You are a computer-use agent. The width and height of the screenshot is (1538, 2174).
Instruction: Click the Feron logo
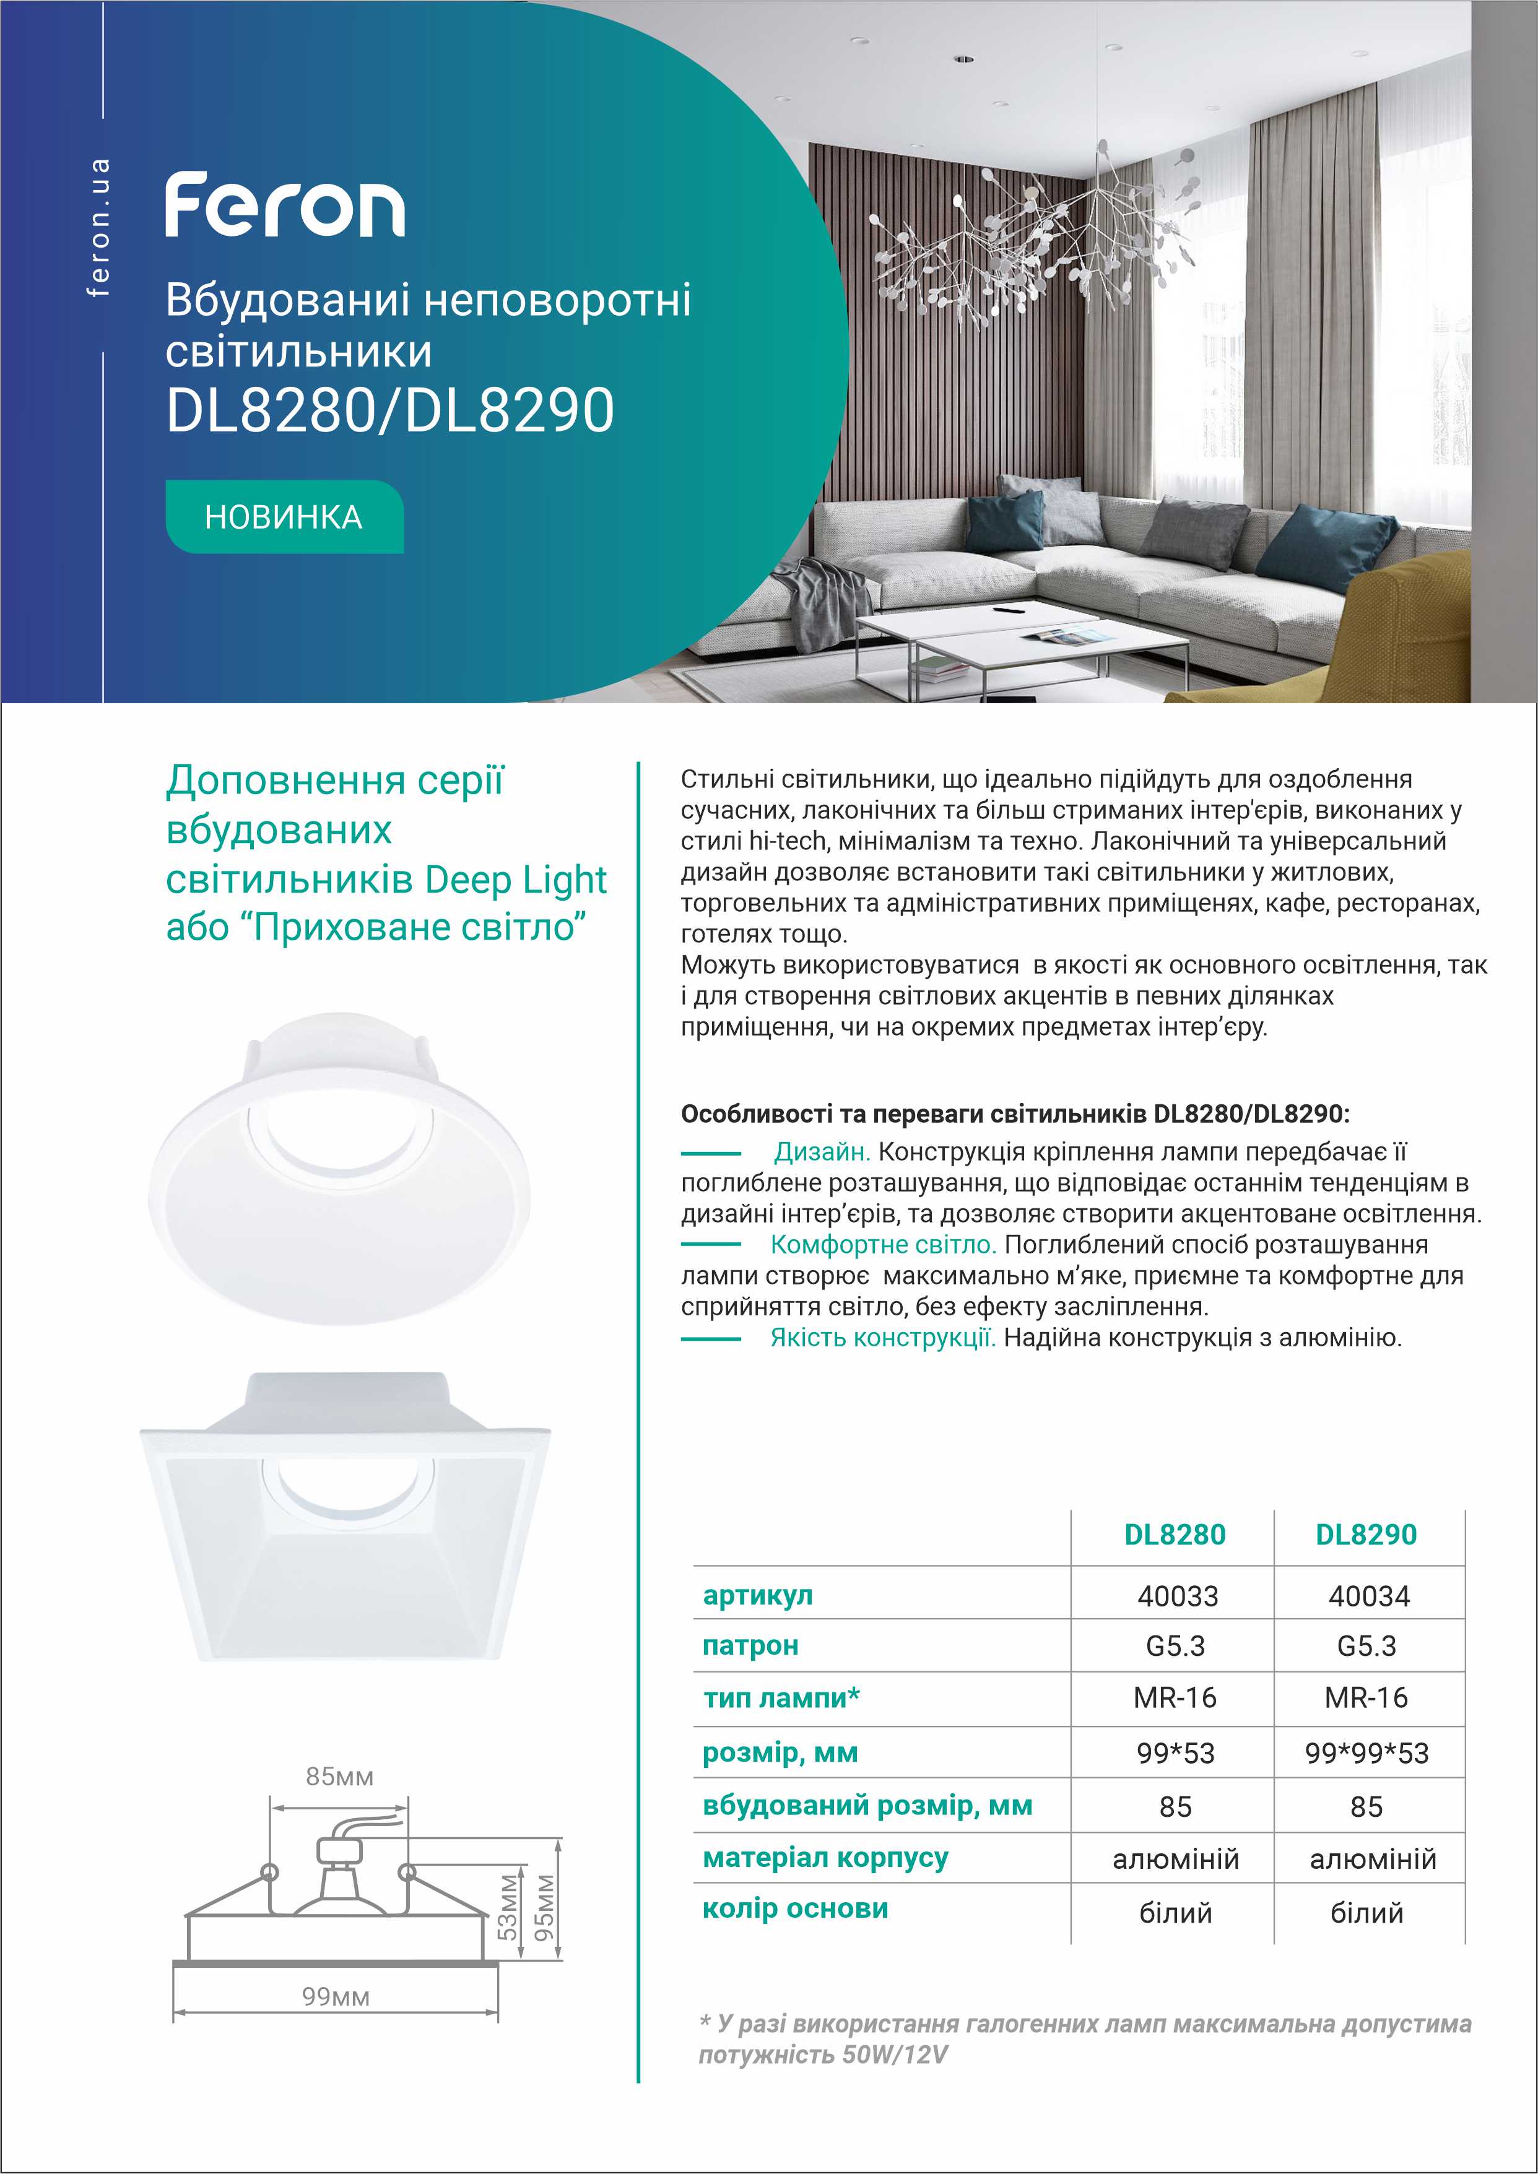tap(285, 204)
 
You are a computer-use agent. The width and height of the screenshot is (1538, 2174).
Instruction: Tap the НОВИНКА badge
tap(284, 517)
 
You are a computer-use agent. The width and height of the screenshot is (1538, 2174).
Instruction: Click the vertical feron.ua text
tap(98, 227)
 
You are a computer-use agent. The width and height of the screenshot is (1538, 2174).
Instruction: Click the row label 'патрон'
tap(750, 1645)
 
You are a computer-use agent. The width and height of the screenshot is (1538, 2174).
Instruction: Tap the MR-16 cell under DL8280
tap(1175, 1698)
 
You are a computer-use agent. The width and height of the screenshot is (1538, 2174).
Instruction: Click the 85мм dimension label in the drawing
tap(339, 1777)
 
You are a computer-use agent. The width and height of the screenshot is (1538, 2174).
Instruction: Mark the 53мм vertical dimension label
tap(508, 1907)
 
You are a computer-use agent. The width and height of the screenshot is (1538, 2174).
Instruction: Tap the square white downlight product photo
tap(345, 1525)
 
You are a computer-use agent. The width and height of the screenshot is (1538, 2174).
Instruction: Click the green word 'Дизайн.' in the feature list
tap(821, 1153)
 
